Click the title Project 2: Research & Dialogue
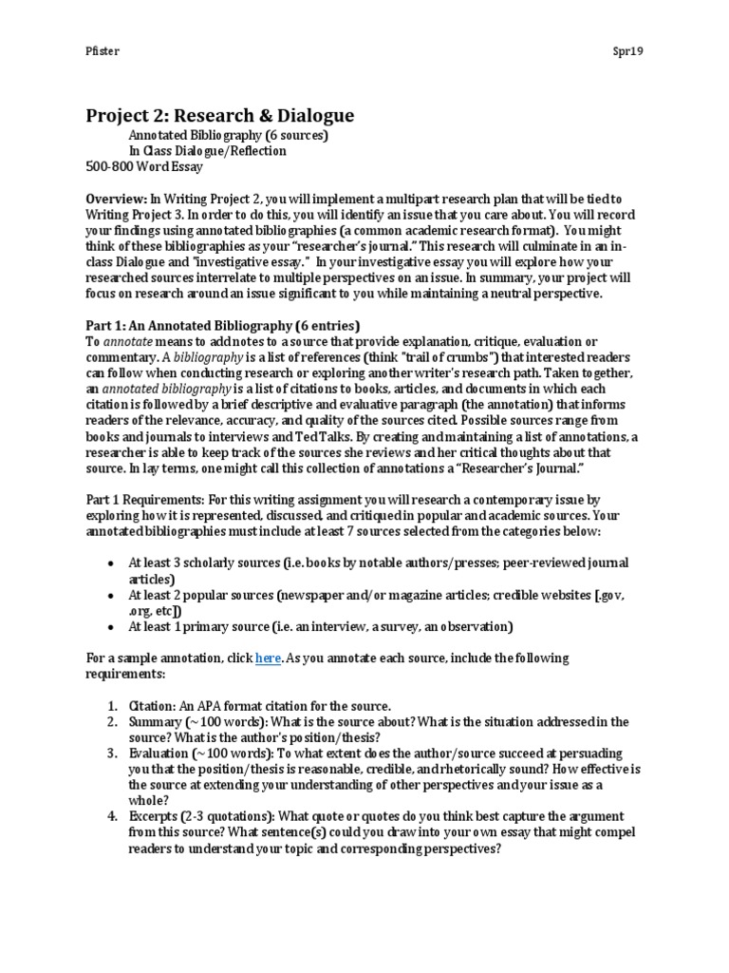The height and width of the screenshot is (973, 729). pos(219,116)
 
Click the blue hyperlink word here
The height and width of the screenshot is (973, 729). pos(268,658)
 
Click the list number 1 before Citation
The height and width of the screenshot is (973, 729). pos(110,706)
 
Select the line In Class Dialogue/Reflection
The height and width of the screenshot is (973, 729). pos(207,150)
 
